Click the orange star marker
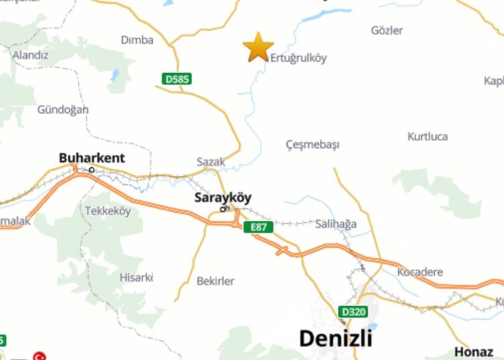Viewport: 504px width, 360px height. [258, 46]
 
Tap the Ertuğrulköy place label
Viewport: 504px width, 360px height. [298, 58]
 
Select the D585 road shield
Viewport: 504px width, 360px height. [177, 79]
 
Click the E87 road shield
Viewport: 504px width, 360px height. [259, 227]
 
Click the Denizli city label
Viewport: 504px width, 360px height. [335, 338]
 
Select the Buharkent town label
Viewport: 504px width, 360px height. [92, 159]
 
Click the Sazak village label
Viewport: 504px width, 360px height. [210, 162]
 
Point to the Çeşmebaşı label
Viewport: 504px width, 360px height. [312, 144]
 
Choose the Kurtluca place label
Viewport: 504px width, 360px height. [427, 136]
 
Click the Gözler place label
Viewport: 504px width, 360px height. [387, 30]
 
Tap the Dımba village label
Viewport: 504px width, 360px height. [137, 40]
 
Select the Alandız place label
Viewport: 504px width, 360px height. [30, 55]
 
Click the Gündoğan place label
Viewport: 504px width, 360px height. [62, 109]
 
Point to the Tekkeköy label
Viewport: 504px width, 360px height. [108, 211]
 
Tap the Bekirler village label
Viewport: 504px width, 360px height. [216, 281]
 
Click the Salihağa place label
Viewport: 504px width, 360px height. [336, 224]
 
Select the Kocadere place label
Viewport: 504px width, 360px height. [420, 272]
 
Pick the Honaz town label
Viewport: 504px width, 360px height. [474, 351]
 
